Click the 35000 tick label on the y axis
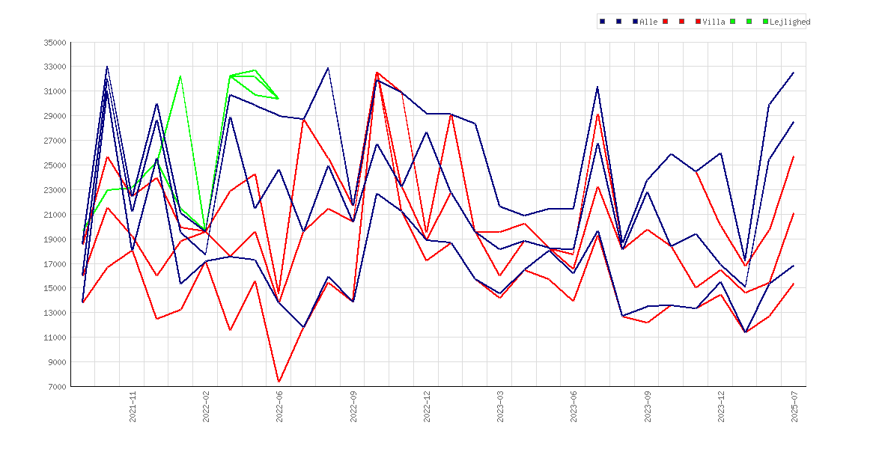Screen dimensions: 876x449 (x=55, y=43)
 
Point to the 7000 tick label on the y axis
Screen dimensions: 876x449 (x=57, y=386)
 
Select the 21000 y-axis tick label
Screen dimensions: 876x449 (x=55, y=215)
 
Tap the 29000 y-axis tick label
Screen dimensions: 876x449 (x=55, y=116)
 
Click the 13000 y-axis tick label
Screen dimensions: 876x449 (x=55, y=313)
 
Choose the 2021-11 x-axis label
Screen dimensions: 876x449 (x=133, y=406)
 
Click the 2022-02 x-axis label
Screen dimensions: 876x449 (x=206, y=406)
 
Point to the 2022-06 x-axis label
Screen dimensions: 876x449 (x=280, y=406)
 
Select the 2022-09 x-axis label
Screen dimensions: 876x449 (x=353, y=406)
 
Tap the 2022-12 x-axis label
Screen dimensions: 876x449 (x=427, y=406)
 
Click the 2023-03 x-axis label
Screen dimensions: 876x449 (x=501, y=406)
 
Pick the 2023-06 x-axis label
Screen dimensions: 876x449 (x=574, y=406)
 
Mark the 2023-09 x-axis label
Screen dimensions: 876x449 (x=648, y=406)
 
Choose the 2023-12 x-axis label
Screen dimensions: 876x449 (x=721, y=406)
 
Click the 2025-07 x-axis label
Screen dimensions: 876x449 (x=794, y=406)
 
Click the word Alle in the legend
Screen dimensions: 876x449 (x=648, y=22)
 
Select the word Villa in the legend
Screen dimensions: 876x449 (x=714, y=22)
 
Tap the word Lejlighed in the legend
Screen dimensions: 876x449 (x=790, y=22)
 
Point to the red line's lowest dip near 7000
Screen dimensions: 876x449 (x=279, y=382)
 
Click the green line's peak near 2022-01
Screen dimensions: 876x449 (x=180, y=76)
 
